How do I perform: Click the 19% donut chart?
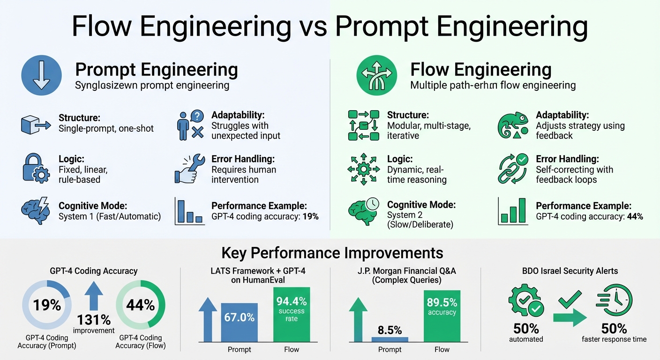point(47,306)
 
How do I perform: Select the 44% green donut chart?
point(140,306)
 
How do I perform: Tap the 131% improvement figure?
point(94,320)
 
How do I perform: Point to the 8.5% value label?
point(389,330)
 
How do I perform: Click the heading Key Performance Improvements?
point(332,253)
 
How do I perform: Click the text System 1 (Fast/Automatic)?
point(109,217)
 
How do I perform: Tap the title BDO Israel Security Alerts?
point(571,271)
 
